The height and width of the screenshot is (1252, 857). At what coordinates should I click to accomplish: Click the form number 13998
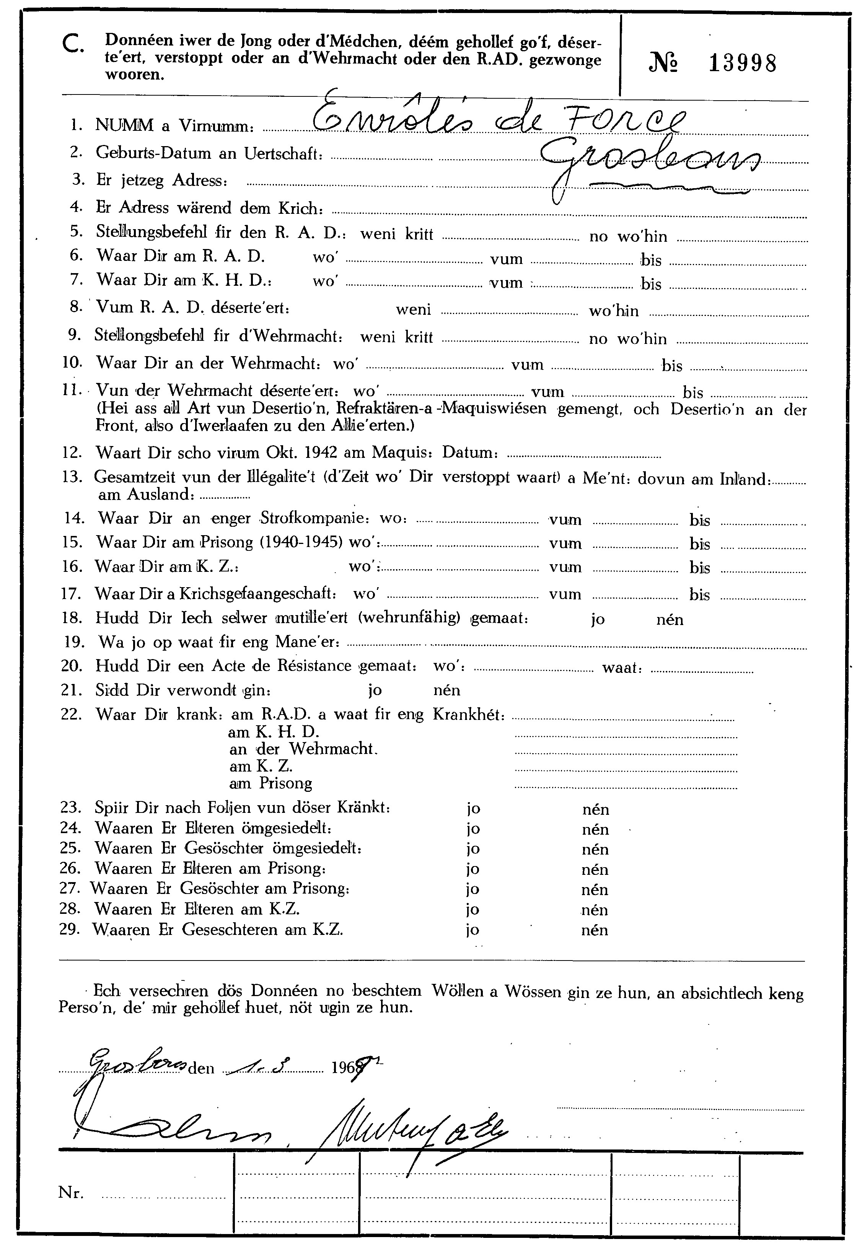[x=743, y=63]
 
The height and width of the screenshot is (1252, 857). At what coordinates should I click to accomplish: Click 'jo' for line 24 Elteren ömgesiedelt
[x=473, y=829]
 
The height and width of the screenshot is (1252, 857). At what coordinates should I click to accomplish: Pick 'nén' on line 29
[x=595, y=930]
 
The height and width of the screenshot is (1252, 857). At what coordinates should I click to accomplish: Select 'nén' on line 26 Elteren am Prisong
[x=595, y=869]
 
